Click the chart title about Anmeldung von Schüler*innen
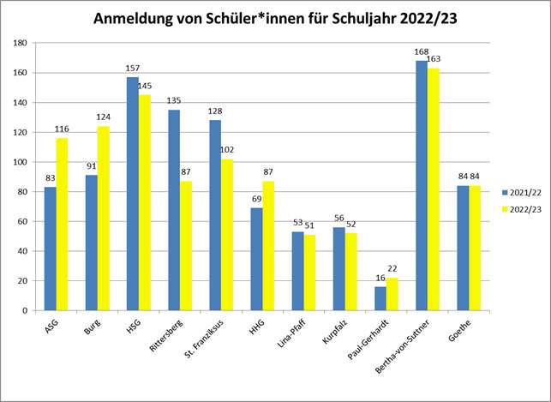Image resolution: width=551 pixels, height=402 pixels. pos(274,20)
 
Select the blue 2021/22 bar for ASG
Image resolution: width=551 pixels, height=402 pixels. pos(51,249)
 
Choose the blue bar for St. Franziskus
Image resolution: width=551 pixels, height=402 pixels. pos(215,215)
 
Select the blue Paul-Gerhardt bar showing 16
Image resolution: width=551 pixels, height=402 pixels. pos(380,298)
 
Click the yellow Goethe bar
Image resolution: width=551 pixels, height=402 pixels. pos(474,248)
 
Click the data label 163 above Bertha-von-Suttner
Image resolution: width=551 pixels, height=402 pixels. pos(434,59)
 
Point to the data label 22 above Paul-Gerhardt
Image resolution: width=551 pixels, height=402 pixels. pos(393,269)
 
